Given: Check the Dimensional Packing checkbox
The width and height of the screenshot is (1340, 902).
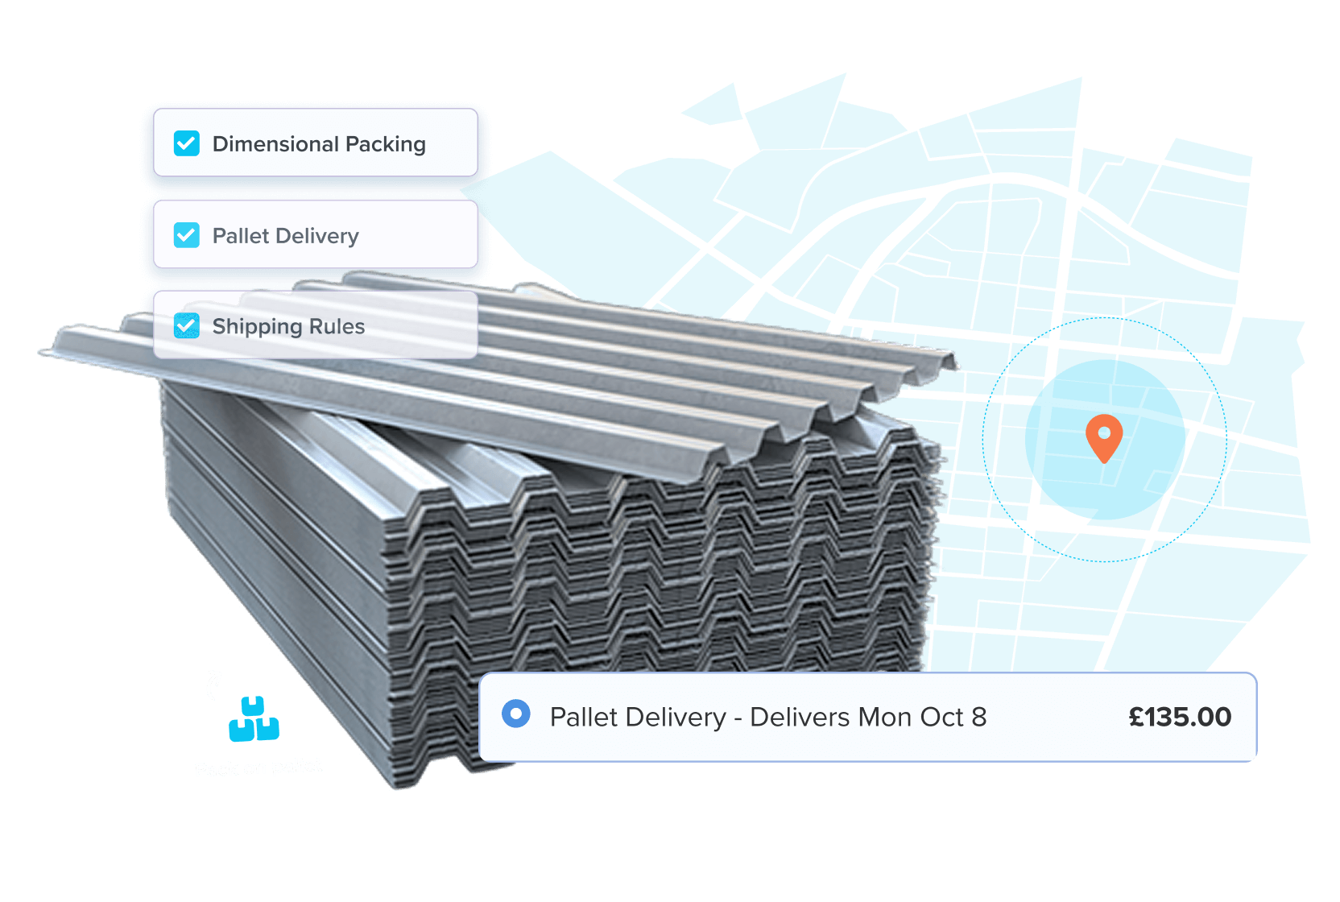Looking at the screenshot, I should [187, 144].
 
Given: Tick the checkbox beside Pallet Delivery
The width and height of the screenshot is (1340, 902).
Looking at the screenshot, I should [187, 235].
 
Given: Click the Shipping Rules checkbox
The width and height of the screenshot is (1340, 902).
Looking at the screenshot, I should [187, 326].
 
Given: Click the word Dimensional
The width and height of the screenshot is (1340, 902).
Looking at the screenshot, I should [275, 144].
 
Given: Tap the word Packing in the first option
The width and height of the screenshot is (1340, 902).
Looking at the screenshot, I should [385, 145].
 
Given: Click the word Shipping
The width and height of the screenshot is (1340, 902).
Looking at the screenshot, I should [258, 327].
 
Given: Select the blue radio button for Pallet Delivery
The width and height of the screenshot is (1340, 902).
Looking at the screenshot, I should [516, 714].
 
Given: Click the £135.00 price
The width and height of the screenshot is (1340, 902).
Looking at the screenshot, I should [1180, 717].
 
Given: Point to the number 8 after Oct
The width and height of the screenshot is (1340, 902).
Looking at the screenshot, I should [979, 717].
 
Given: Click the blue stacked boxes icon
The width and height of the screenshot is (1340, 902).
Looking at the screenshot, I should [254, 720].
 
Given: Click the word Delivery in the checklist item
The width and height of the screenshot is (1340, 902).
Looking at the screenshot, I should [317, 236].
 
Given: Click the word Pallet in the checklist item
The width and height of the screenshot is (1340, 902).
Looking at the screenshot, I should [240, 236].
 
